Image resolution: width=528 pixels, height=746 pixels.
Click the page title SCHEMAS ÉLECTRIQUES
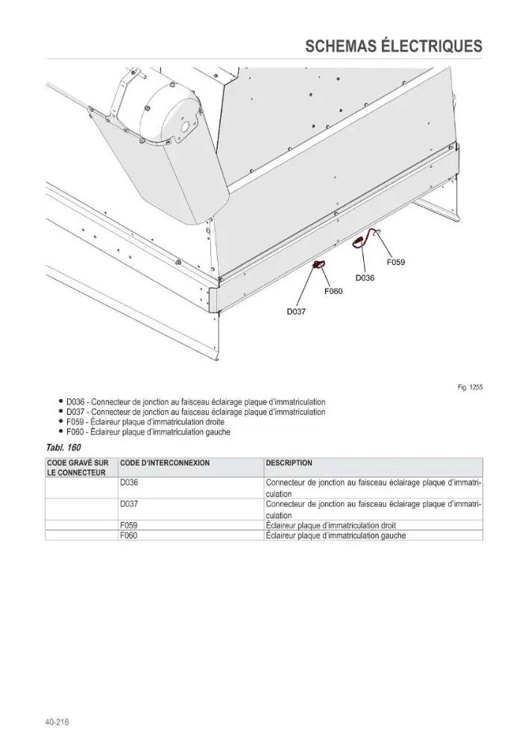click(393, 46)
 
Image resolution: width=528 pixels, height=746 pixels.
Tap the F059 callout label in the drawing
click(396, 262)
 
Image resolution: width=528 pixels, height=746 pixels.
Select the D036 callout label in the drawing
click(365, 278)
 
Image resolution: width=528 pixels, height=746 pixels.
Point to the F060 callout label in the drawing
click(333, 291)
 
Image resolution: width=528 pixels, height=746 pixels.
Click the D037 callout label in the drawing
click(296, 312)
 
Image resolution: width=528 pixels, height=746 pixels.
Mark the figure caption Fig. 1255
click(470, 387)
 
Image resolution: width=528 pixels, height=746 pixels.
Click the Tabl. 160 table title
click(63, 447)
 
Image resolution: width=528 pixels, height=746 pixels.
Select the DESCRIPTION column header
click(289, 463)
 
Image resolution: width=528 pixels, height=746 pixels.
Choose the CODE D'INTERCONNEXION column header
click(165, 463)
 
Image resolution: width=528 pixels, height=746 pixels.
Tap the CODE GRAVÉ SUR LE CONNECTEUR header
click(77, 468)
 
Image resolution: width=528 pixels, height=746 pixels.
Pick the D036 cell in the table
click(129, 483)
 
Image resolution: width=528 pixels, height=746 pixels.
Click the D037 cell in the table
click(129, 504)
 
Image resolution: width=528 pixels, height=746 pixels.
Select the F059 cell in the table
click(129, 526)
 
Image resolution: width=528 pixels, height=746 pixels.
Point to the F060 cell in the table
click(129, 536)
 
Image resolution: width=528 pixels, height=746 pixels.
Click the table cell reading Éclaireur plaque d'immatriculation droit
click(330, 526)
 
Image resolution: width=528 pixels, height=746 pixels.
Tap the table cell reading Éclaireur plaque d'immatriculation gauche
click(336, 536)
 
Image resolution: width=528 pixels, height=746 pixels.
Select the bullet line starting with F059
click(145, 422)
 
